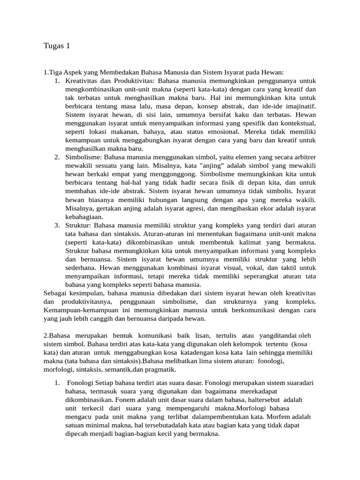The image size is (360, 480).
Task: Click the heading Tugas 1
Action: click(56, 45)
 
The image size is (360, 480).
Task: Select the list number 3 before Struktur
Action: click(56, 225)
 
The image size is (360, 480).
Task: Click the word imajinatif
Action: click(298, 106)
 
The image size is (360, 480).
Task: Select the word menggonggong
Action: click(166, 174)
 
